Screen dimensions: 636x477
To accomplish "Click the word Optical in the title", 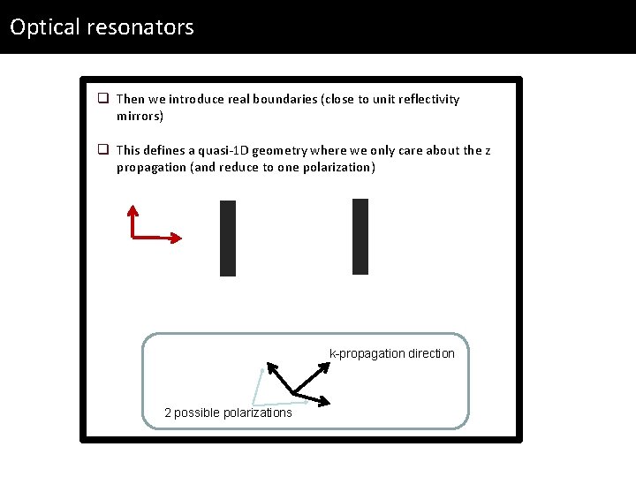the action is tap(45, 27).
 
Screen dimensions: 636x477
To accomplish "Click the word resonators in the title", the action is tap(140, 27).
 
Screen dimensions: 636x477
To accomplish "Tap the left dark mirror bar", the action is tap(228, 238).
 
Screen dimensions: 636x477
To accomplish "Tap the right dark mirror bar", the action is tap(360, 237).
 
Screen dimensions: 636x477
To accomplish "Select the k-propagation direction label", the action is tap(391, 353).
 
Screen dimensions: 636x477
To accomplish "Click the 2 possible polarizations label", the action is tap(228, 413).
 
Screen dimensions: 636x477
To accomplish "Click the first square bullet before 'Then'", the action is tap(103, 99).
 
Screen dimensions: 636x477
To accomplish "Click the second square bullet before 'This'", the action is tap(103, 150).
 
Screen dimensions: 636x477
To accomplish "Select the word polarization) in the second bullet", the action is tap(338, 167).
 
